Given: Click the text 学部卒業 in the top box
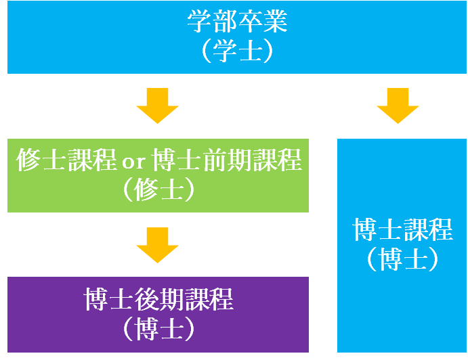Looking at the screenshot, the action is (x=237, y=21).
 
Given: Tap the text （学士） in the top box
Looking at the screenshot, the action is (x=237, y=51).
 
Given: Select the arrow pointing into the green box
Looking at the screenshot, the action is (x=158, y=106).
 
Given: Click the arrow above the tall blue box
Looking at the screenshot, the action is (x=398, y=106).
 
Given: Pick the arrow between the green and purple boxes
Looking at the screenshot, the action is (x=158, y=245).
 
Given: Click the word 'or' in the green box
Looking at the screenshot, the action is (x=133, y=162).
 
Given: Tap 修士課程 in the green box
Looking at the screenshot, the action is (x=66, y=160).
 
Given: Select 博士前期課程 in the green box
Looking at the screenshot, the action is (x=226, y=160).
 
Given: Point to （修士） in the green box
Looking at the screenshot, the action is (x=158, y=189).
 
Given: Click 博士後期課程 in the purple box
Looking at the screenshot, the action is (x=158, y=299).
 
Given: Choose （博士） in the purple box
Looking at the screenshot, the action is (x=158, y=329).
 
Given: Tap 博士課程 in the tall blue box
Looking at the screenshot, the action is (x=402, y=229).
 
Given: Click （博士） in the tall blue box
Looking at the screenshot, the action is (x=402, y=259).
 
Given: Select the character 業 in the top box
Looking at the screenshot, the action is (x=275, y=21).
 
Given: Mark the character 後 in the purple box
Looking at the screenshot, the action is (x=146, y=299).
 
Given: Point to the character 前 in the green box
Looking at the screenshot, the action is (x=214, y=160).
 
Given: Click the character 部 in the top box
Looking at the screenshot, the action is (x=225, y=21).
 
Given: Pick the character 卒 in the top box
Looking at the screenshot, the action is (x=250, y=21).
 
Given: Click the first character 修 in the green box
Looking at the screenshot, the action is (x=28, y=160).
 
